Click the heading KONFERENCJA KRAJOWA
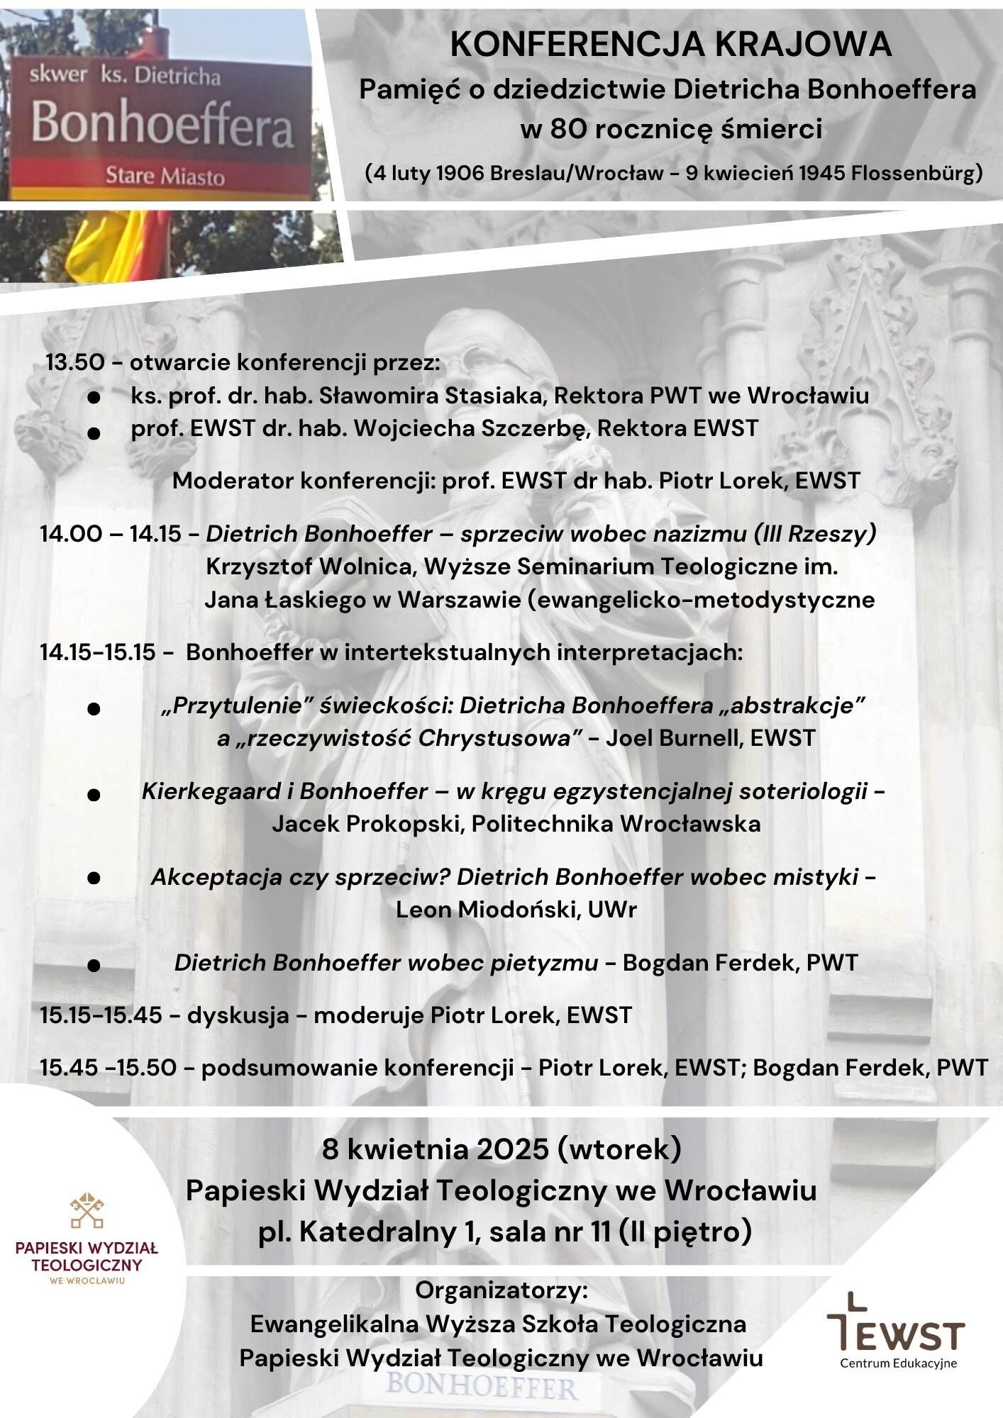coord(670,46)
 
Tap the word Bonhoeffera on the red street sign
coord(162,125)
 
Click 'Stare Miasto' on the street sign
coord(165,176)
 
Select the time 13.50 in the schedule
coord(75,363)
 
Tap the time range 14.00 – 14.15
coord(111,534)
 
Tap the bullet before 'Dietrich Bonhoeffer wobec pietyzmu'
coord(93,966)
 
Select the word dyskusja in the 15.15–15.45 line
coord(238,1015)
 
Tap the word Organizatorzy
coord(501,1290)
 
